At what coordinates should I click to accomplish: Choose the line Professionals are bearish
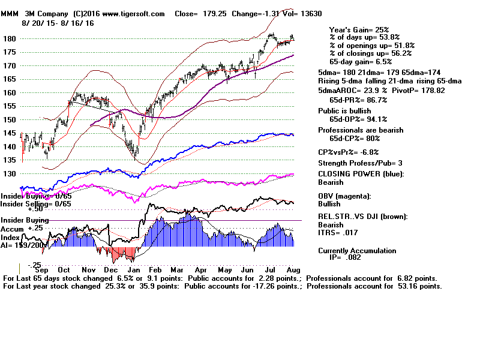[361, 130]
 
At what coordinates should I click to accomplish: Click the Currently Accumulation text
[356, 251]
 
